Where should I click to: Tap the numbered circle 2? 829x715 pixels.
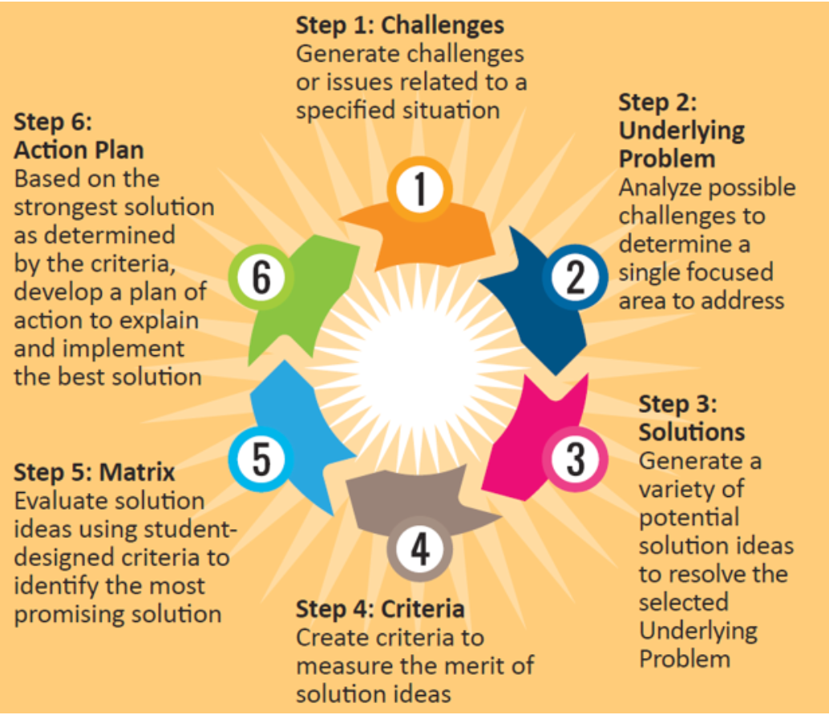pyautogui.click(x=575, y=277)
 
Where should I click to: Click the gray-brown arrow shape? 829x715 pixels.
pyautogui.click(x=409, y=497)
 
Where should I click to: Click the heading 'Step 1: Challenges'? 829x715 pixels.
pyautogui.click(x=399, y=25)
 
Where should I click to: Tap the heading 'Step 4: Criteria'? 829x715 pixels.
pyautogui.click(x=380, y=608)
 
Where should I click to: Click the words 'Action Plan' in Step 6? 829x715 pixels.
pyautogui.click(x=79, y=150)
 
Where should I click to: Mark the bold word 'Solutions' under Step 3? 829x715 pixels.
pyautogui.click(x=691, y=431)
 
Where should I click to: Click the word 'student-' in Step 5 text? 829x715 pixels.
pyautogui.click(x=192, y=529)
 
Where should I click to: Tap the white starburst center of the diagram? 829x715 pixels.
pyautogui.click(x=417, y=369)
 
